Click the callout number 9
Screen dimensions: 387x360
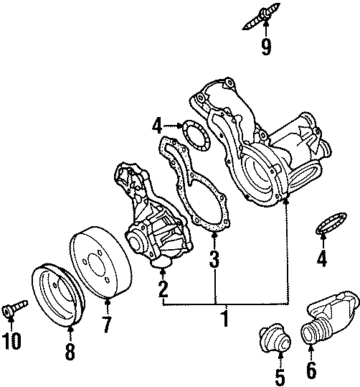pyautogui.click(x=266, y=48)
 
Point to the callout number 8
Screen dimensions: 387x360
pyautogui.click(x=70, y=352)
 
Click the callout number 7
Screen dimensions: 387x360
pyautogui.click(x=105, y=325)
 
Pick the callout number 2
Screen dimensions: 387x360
pyautogui.click(x=163, y=290)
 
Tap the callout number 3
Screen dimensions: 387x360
pyautogui.click(x=214, y=259)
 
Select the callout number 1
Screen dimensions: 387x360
pyautogui.click(x=224, y=317)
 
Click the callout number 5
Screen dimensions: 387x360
pyautogui.click(x=280, y=376)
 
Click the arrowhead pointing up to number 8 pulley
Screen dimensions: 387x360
pyautogui.click(x=70, y=330)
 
